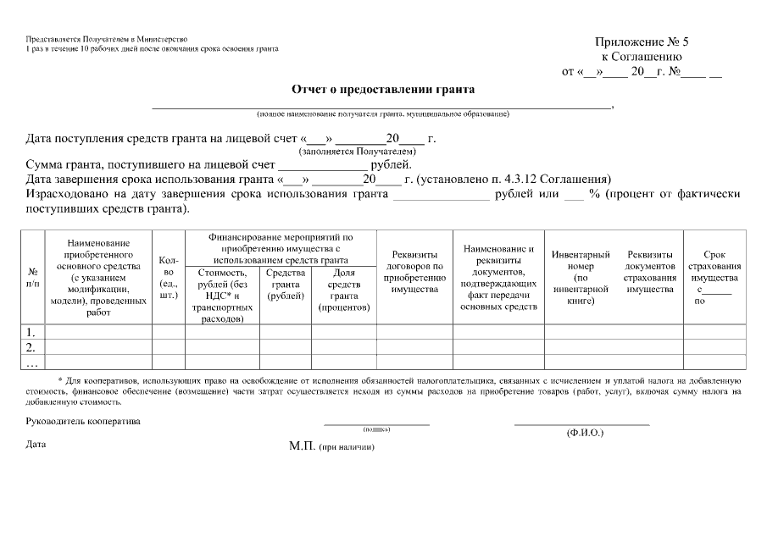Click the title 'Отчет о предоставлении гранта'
(383, 89)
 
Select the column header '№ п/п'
(32, 277)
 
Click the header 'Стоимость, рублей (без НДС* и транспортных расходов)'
(223, 296)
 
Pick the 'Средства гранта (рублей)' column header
(286, 285)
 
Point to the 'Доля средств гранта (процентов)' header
(343, 290)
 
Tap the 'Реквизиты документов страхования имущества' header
(650, 272)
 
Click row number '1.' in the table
(31, 332)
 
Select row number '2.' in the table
(31, 347)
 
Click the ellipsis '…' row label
(31, 362)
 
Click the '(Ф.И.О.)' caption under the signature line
(585, 433)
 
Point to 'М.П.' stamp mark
(302, 445)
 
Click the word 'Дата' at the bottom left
(36, 445)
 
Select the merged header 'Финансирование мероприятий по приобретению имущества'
(281, 249)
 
